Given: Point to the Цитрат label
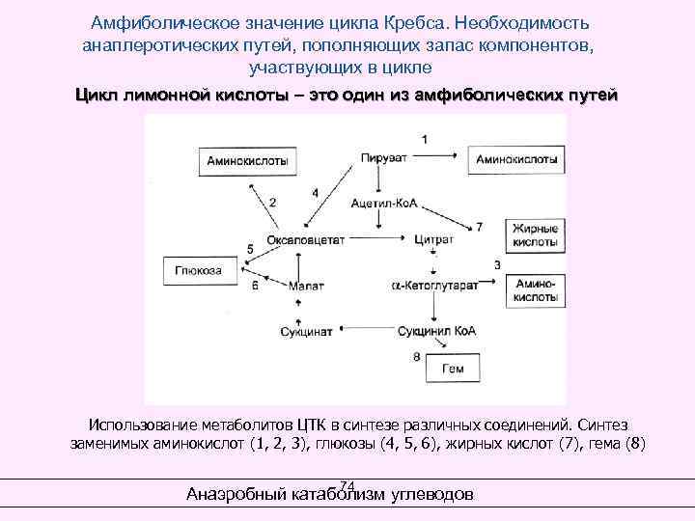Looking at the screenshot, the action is (x=433, y=237).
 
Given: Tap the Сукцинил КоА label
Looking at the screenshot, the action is (x=436, y=331).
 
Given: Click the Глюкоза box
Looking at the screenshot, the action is (x=198, y=271).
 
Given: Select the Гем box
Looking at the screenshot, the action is (x=452, y=369).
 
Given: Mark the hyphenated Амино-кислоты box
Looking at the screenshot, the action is (x=533, y=291).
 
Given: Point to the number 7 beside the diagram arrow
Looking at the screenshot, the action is (x=480, y=227).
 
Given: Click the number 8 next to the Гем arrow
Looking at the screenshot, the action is (x=416, y=356).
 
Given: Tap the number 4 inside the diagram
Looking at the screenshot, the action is (x=316, y=193).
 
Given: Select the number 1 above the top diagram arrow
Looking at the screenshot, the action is (x=426, y=140).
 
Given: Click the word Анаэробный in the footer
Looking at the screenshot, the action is (x=236, y=495).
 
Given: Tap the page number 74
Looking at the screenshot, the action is (x=348, y=485).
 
